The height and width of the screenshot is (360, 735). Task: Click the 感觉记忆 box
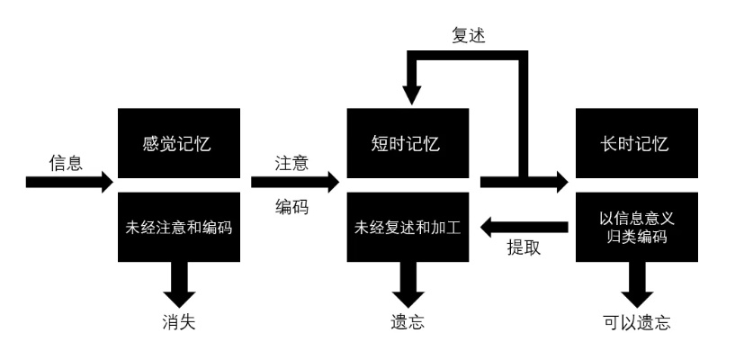[178, 144]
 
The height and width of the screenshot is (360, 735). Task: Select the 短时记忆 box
[408, 144]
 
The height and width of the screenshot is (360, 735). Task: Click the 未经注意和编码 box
[178, 227]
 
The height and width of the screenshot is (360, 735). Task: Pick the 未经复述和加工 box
[408, 227]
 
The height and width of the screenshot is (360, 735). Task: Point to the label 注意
[291, 163]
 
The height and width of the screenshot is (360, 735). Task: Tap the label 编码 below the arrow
[291, 207]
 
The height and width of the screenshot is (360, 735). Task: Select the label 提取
[524, 248]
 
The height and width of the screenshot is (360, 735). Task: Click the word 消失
[178, 321]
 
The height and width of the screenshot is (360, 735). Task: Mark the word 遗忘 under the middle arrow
[408, 321]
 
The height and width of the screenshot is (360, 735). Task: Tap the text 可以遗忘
[636, 321]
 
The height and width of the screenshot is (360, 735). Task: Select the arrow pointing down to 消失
[178, 284]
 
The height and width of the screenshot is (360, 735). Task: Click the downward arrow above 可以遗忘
[635, 284]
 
